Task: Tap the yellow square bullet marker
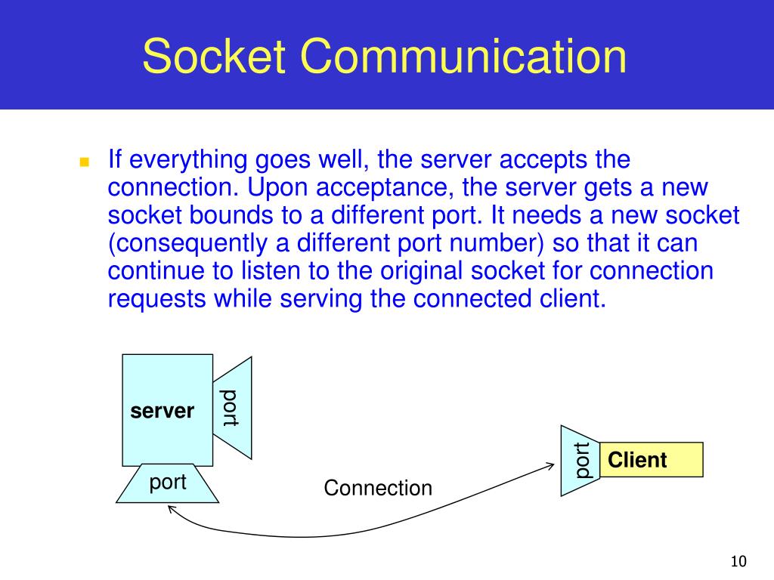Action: (84, 162)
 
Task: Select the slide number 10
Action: (738, 561)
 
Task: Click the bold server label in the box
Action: (162, 412)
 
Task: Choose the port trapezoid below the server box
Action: (168, 483)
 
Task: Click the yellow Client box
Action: (651, 460)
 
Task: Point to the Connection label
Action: (378, 488)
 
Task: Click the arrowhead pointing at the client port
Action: (550, 466)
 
